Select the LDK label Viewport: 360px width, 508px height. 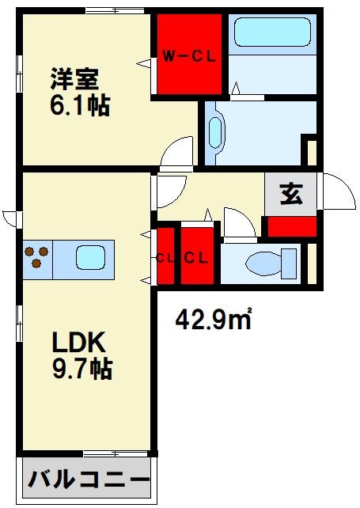pos(80,342)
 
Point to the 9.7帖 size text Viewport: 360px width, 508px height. pos(81,368)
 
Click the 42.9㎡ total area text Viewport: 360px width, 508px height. pos(213,320)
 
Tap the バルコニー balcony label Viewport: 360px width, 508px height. pos(89,480)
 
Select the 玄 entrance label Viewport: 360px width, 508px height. pos(290,195)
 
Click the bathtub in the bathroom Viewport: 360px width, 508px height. pos(273,31)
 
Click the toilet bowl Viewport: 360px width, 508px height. pos(260,261)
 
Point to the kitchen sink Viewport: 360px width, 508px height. pos(89,258)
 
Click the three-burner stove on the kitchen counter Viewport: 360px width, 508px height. pos(36,258)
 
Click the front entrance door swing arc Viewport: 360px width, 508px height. pos(336,191)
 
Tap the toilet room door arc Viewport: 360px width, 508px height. pos(238,222)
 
